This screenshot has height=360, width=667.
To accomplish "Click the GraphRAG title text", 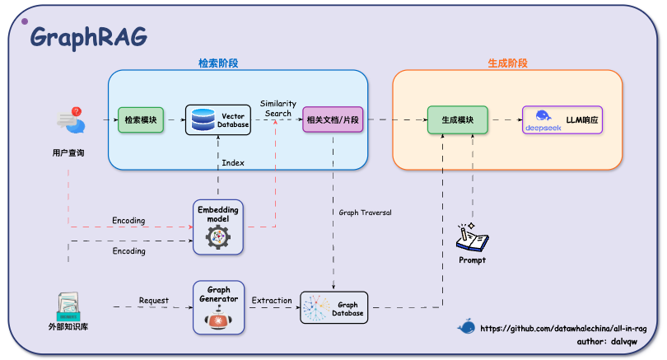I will pos(88,37).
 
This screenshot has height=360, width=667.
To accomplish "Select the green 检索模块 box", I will pos(142,120).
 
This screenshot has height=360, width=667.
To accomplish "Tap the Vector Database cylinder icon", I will pos(202,120).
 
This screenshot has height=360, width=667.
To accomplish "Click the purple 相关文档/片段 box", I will pos(332,120).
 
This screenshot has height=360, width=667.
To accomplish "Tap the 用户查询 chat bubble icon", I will pos(71,121).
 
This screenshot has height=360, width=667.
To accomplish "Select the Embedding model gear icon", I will pos(217,236).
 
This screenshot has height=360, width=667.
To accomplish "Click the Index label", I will pos(233,163).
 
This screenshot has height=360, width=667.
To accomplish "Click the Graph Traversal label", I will pos(365,213).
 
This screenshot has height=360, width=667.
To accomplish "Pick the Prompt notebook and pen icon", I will pos(472,237).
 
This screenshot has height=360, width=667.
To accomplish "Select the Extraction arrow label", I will pos(272,301).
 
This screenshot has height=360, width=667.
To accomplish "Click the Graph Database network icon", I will pos(318,309).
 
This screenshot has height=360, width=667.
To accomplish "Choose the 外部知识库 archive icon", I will pos(69,306).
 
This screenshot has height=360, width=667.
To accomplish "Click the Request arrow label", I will pos(154,301).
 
